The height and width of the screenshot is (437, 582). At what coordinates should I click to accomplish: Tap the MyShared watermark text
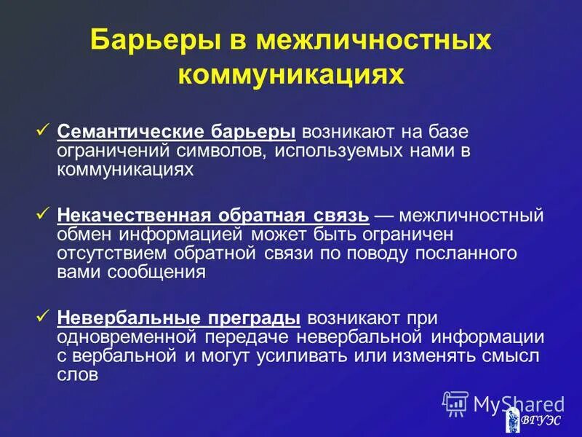tap(517, 403)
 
